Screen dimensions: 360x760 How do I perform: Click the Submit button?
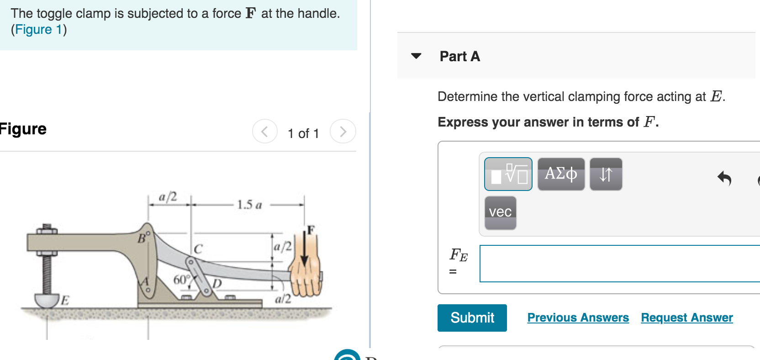click(472, 318)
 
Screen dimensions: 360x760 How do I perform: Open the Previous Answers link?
click(578, 318)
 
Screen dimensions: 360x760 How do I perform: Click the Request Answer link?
click(686, 318)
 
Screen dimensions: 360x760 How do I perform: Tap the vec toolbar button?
click(500, 212)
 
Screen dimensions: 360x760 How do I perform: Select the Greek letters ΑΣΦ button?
click(561, 174)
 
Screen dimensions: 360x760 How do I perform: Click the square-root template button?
click(508, 174)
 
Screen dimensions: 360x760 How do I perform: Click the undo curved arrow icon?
click(724, 178)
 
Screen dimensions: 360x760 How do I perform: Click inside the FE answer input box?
click(619, 264)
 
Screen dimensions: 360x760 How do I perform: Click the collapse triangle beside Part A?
click(416, 56)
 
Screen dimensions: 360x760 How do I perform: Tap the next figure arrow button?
click(343, 132)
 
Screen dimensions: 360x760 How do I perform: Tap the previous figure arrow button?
click(265, 132)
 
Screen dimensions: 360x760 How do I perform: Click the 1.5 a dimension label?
click(249, 205)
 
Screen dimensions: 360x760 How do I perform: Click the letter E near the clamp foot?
click(65, 300)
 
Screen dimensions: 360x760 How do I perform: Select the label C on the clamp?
click(198, 249)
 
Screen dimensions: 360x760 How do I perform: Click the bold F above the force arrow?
click(311, 230)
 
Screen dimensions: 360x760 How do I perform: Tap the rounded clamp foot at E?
click(46, 301)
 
